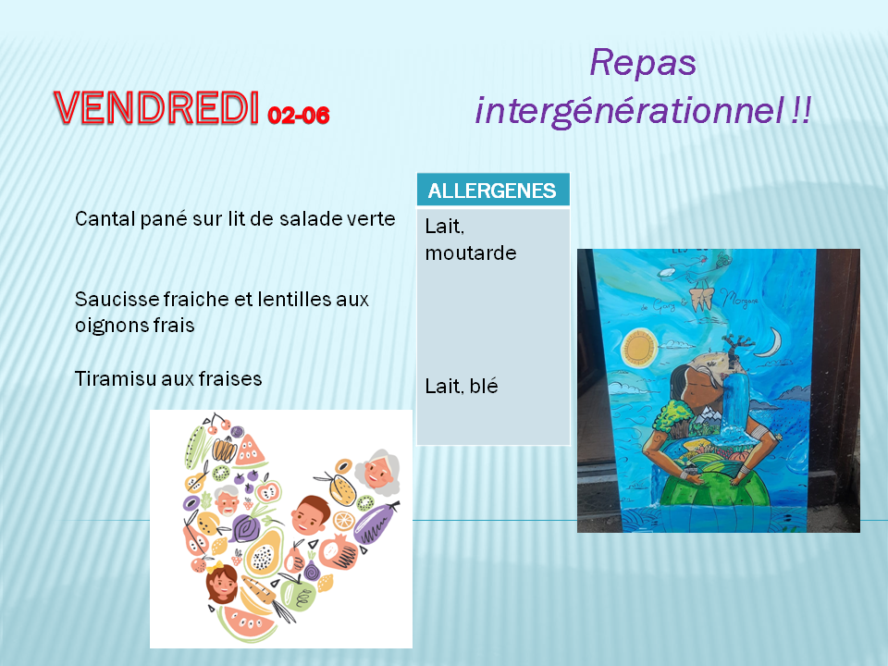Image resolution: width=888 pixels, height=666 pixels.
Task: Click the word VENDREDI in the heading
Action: pos(156,107)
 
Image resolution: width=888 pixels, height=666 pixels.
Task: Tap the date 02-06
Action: pos(299,116)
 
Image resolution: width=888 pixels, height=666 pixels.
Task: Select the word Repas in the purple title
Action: pos(643,64)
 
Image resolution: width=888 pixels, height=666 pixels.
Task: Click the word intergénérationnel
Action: pos(630,110)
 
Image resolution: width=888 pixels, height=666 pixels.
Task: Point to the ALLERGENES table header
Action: pos(493,191)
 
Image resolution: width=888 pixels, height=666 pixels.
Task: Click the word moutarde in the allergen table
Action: pos(471,253)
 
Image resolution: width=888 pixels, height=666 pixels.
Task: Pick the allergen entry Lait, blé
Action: pos(462,387)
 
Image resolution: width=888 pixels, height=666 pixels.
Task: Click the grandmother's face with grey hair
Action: pos(378,472)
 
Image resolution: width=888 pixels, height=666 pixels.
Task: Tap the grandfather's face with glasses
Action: pos(228,500)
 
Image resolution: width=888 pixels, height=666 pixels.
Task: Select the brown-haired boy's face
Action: pos(311,515)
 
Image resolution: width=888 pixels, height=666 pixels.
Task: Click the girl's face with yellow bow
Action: pos(221,584)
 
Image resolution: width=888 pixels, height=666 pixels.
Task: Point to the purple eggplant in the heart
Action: pos(376,524)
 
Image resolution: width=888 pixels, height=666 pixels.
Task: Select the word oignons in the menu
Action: pos(105,326)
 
